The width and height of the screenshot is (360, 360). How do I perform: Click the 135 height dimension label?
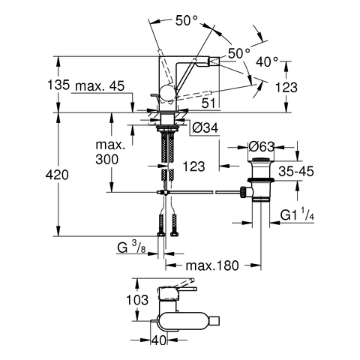[x=58, y=85]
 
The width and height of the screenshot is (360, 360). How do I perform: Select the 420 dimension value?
[x=57, y=175]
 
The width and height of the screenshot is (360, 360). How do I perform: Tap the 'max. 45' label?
[x=100, y=86]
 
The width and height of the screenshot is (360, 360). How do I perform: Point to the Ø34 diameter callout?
[x=205, y=127]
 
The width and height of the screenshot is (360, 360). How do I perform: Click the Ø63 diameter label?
[x=262, y=146]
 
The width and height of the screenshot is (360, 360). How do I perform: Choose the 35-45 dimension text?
[x=296, y=172]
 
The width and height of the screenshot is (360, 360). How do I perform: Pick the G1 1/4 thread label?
[x=297, y=214]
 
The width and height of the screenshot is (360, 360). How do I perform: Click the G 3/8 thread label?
[x=131, y=247]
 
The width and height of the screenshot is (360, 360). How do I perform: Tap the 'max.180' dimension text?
[x=212, y=265]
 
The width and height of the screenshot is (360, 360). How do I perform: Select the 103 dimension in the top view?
[x=137, y=300]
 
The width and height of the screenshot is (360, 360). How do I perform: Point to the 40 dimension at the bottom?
[x=159, y=340]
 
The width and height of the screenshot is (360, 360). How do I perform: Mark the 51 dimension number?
[x=208, y=103]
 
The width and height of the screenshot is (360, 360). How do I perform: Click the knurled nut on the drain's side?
[x=242, y=192]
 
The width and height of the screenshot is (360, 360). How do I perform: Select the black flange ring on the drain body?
[x=261, y=180]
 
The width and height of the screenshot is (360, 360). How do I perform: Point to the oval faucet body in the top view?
[x=184, y=321]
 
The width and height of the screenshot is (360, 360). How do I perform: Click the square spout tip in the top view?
[x=215, y=321]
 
